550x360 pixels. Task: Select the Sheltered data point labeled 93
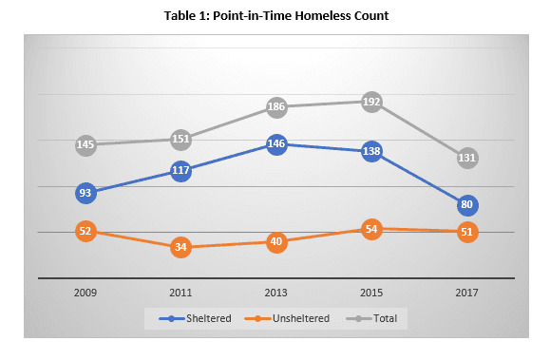coord(85,193)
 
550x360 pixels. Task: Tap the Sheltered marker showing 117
coord(180,171)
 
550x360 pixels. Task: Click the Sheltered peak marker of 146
coord(276,144)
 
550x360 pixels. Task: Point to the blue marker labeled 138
coord(371,151)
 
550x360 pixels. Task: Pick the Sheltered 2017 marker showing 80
coord(466,205)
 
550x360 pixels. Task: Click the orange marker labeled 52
coord(85,231)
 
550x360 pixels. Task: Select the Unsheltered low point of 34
coord(180,248)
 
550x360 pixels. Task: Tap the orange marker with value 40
coord(276,241)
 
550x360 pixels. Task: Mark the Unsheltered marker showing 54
coord(371,229)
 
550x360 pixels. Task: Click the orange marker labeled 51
coord(466,232)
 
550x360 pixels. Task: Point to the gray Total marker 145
coord(85,144)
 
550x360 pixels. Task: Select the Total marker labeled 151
coord(180,140)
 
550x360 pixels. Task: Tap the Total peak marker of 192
coord(371,102)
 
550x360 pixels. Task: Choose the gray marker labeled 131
coord(466,159)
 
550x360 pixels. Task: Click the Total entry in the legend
coord(370,318)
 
